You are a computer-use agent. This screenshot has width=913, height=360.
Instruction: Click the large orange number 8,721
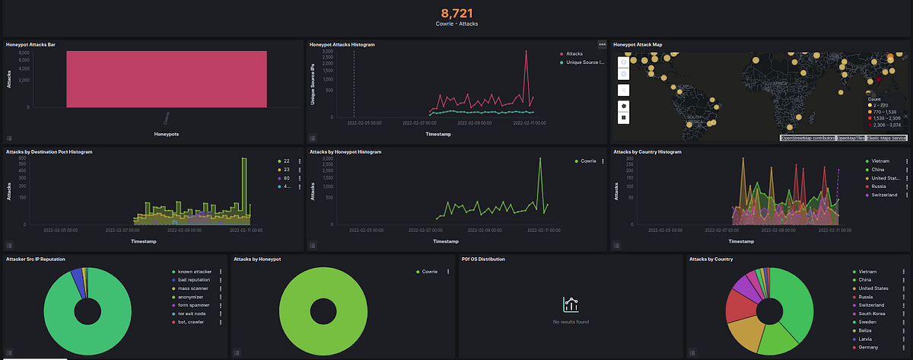point(457,13)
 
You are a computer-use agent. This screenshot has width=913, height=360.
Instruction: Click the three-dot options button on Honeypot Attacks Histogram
point(602,45)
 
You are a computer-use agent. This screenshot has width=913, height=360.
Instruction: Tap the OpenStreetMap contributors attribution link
point(807,138)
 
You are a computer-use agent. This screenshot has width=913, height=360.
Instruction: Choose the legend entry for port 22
point(287,161)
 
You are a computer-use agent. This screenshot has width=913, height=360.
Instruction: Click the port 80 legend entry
point(287,178)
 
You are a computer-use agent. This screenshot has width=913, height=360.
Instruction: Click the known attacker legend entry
point(194,272)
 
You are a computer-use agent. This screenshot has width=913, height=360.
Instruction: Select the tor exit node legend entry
point(192,314)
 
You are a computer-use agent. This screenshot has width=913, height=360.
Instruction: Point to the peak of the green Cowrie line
point(540,158)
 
